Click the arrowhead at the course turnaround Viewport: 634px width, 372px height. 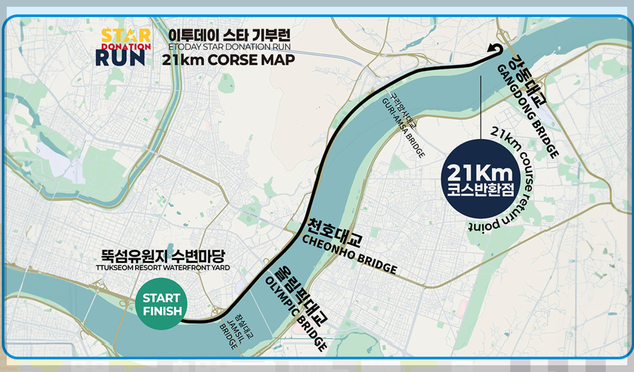(x=492, y=48)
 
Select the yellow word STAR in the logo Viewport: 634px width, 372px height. (x=126, y=36)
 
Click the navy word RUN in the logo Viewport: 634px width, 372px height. (x=120, y=58)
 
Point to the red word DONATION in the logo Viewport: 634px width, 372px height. (x=126, y=46)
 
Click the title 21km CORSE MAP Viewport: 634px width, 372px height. (x=228, y=60)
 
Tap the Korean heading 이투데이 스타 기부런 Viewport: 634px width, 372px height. (x=229, y=35)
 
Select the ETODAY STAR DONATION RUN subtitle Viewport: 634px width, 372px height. (x=229, y=46)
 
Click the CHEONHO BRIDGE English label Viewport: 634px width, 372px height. (x=349, y=254)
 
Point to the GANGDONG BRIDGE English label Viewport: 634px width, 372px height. (x=527, y=111)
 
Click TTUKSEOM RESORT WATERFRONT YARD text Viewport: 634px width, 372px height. (x=163, y=268)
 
